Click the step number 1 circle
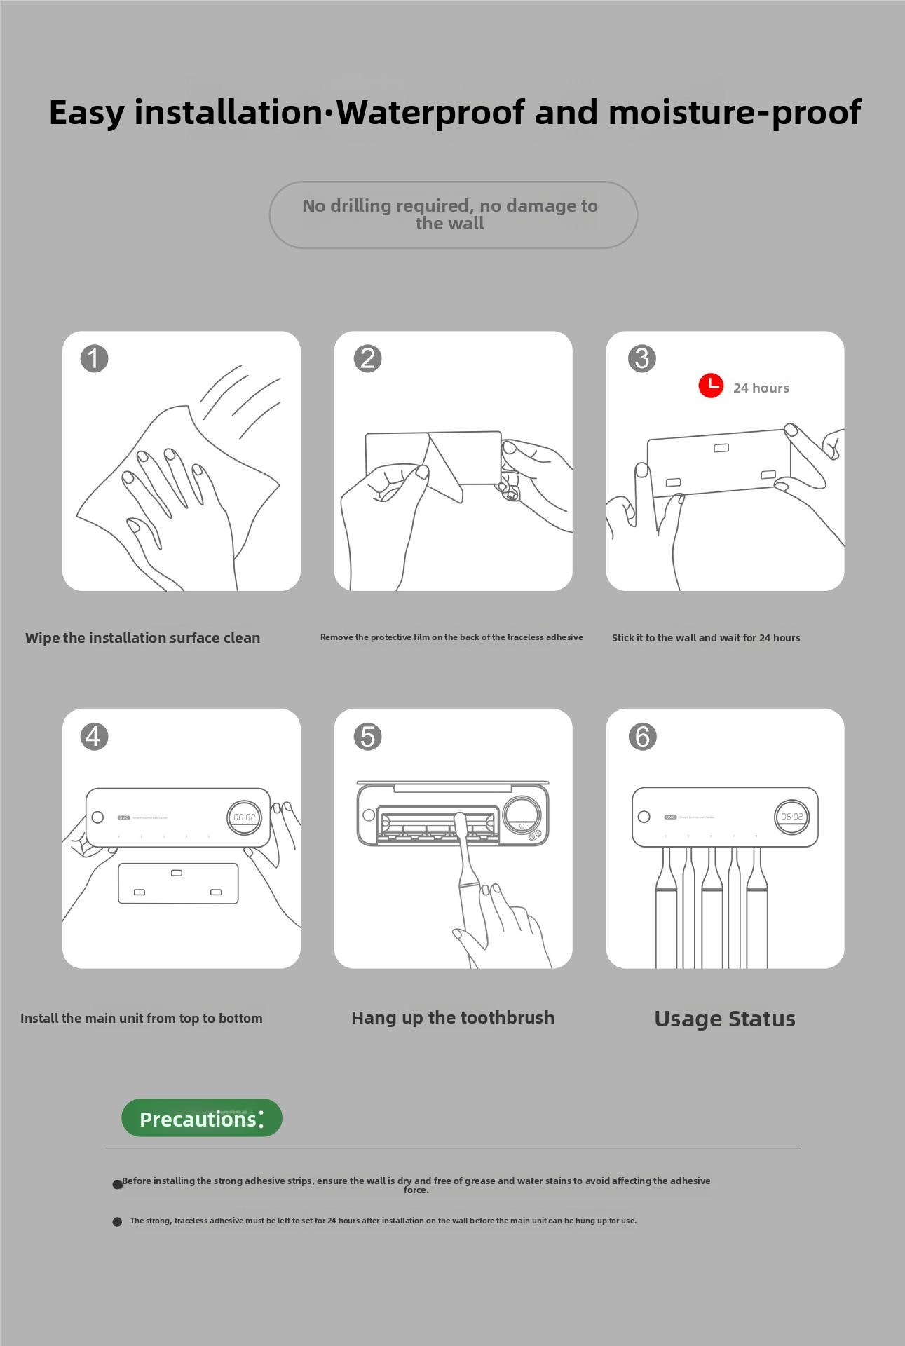click(94, 358)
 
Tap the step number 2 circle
click(367, 358)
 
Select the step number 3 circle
click(641, 358)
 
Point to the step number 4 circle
click(94, 736)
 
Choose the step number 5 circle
click(367, 736)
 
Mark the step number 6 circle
click(642, 736)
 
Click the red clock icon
click(711, 386)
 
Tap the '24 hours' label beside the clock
click(761, 388)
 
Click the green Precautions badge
click(202, 1118)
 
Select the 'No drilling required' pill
click(453, 215)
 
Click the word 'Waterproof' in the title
click(430, 112)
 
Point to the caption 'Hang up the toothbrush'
click(453, 1018)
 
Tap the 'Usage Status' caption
click(725, 1019)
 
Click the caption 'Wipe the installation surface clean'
click(143, 638)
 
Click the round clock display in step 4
click(244, 817)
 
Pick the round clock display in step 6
click(791, 817)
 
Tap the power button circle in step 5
click(522, 826)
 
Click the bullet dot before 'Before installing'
click(118, 1184)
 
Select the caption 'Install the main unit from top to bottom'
click(142, 1019)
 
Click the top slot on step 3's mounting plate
click(721, 448)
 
